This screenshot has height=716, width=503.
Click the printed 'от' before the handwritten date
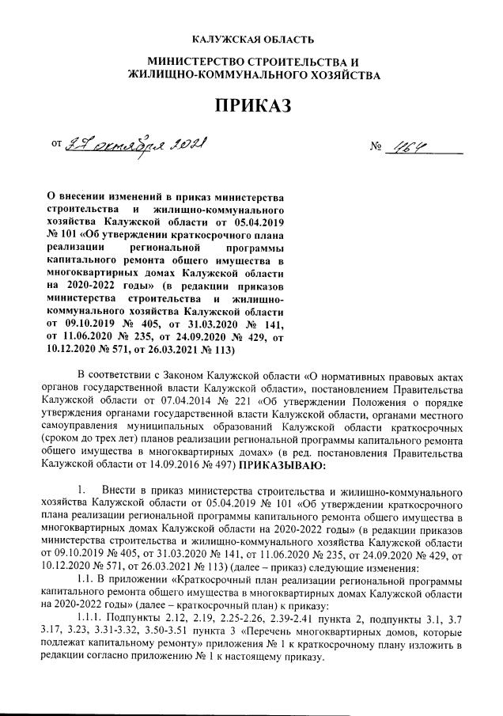pyautogui.click(x=56, y=146)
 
